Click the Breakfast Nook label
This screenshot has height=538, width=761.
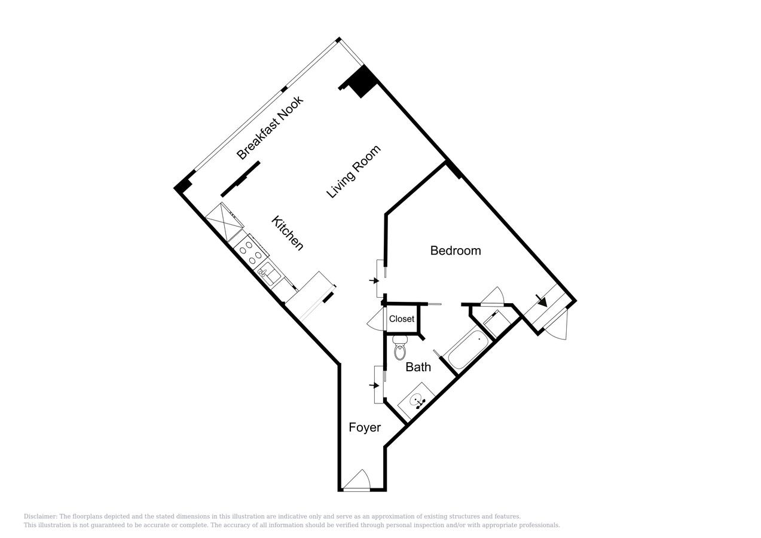270,127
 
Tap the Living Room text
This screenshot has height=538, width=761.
353,172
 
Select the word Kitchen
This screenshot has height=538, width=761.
288,233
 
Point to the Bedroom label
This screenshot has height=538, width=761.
456,250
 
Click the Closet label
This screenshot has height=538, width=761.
402,319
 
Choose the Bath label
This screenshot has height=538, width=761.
418,367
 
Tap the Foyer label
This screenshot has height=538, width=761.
365,427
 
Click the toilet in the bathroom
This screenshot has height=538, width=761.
400,348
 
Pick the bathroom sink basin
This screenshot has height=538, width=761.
415,401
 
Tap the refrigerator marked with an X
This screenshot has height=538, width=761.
224,221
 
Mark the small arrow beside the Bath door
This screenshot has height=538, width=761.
374,386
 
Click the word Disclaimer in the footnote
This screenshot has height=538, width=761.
40,516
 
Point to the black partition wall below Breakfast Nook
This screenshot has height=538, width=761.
240,179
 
